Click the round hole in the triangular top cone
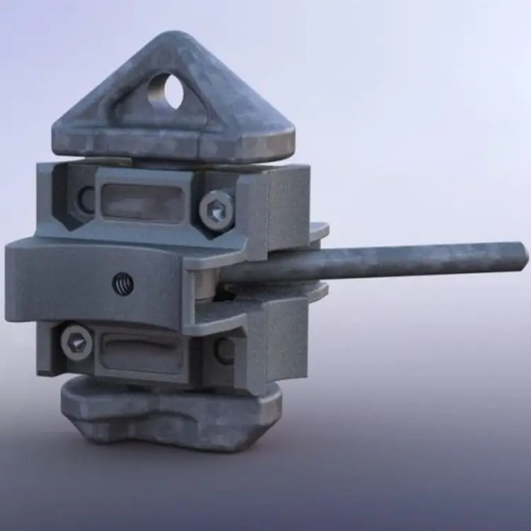pyautogui.click(x=164, y=91)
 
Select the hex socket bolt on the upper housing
pyautogui.click(x=216, y=208)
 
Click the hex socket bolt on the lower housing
pyautogui.click(x=76, y=342)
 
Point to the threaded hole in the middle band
pyautogui.click(x=122, y=284)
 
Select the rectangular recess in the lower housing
pyautogui.click(x=142, y=352)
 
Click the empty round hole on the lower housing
pyautogui.click(x=225, y=350)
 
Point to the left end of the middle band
pyautogui.click(x=18, y=273)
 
